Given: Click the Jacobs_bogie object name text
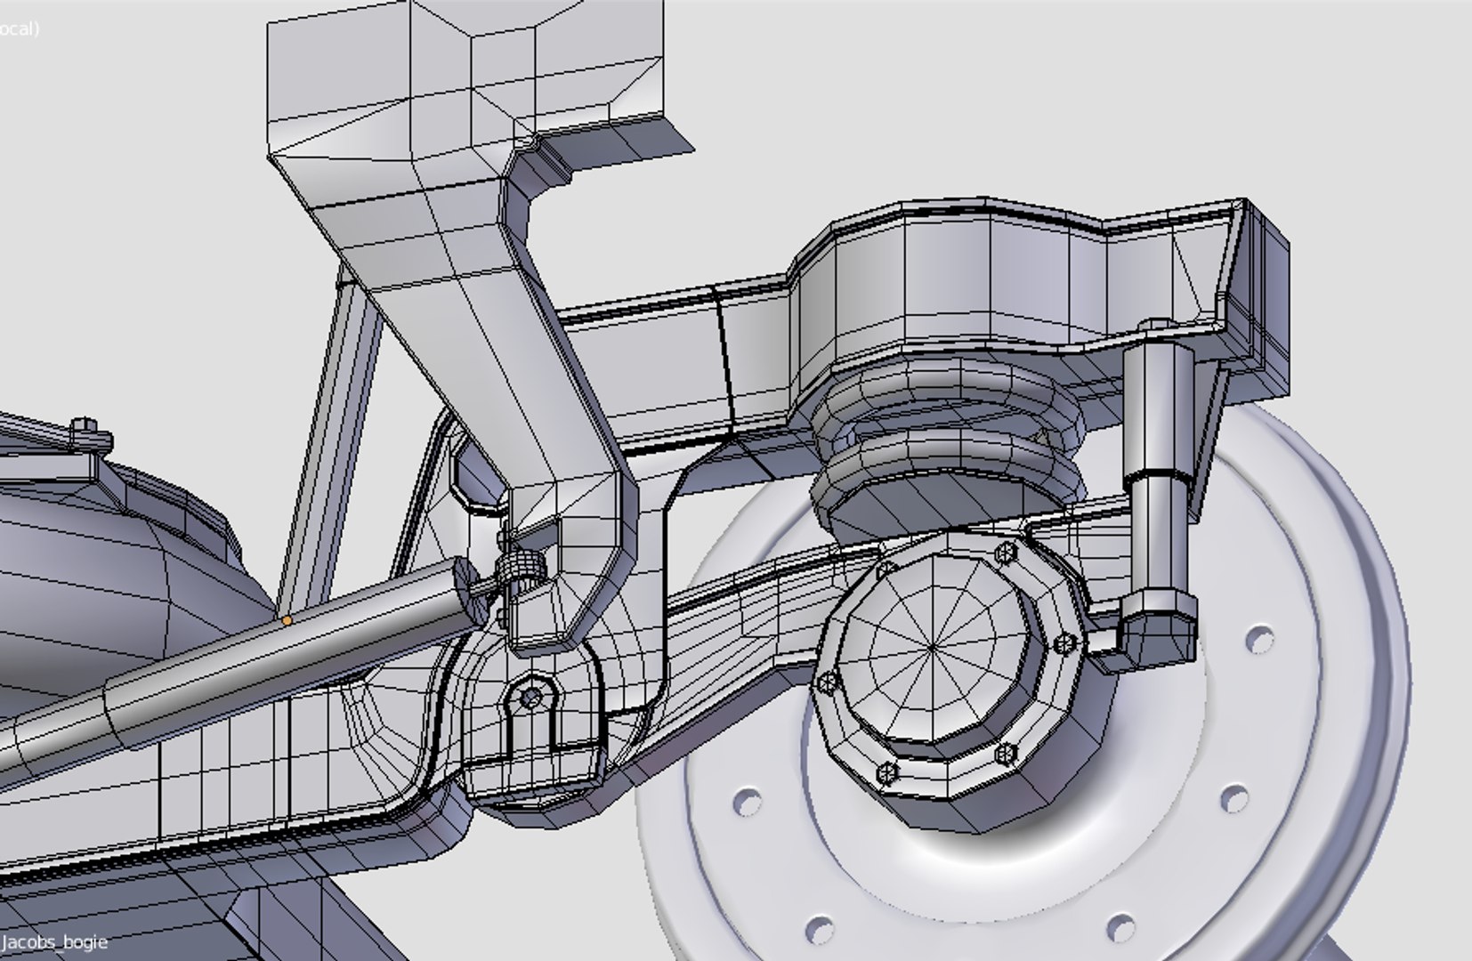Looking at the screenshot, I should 55,941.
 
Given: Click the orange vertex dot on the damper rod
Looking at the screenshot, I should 287,620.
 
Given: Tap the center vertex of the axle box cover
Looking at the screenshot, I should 932,647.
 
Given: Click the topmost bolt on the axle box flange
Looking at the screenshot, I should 1007,552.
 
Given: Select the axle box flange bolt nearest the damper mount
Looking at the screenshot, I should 1064,642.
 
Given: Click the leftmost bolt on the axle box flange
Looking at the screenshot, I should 828,682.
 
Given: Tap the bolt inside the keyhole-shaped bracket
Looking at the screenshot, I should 531,698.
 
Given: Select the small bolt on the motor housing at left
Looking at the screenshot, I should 83,427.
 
